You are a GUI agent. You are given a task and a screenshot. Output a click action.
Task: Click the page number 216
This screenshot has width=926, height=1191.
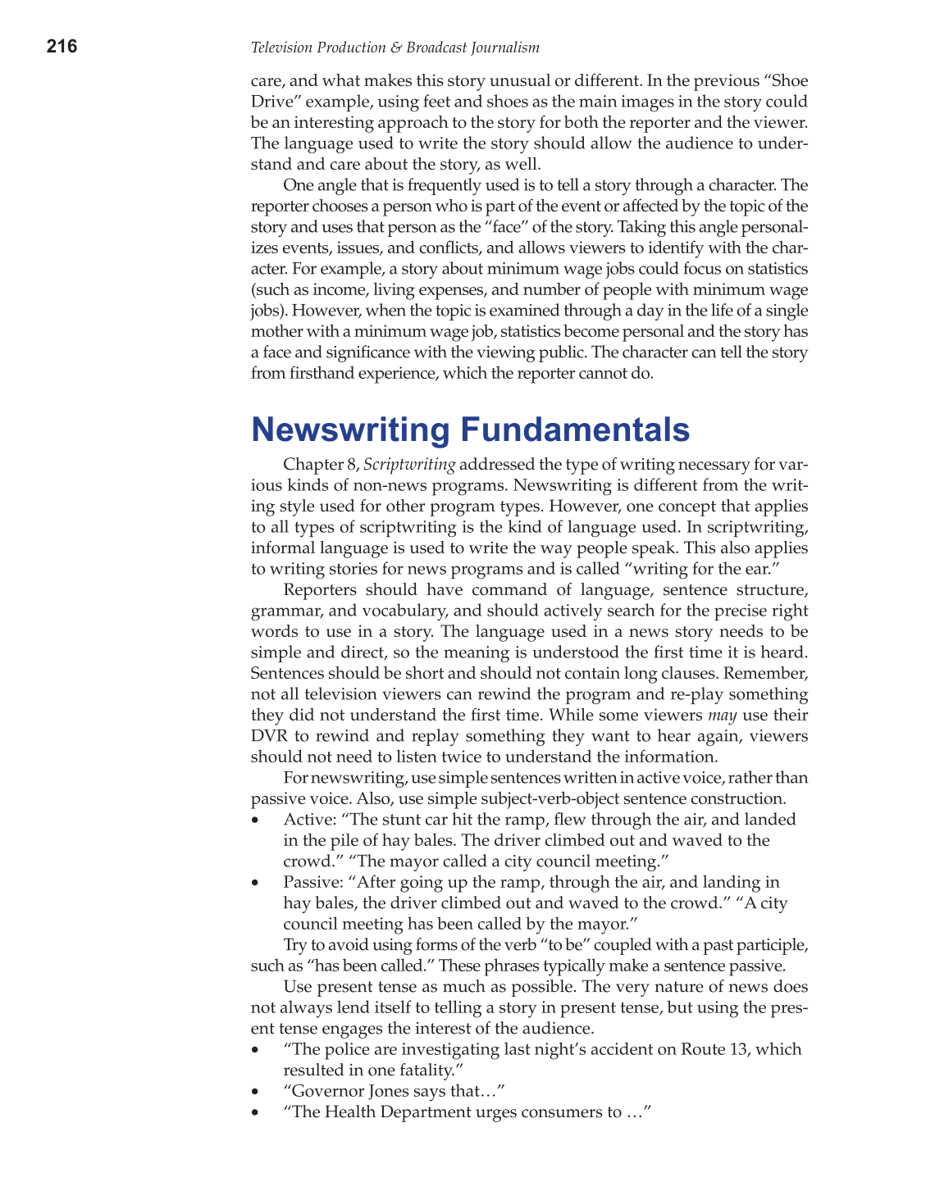tap(62, 47)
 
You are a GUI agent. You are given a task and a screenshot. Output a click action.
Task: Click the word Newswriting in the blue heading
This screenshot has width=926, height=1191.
tap(350, 430)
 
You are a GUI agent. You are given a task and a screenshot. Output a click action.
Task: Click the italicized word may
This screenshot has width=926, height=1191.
tap(723, 715)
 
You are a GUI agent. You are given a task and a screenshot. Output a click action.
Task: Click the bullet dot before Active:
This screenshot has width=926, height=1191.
tap(257, 821)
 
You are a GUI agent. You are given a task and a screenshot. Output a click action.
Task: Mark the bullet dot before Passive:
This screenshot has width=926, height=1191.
tap(257, 884)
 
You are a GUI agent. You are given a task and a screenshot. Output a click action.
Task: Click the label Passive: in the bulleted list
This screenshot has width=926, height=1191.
tap(312, 882)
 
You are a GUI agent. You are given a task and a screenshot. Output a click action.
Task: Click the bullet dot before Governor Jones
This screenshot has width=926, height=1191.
tap(257, 1093)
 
